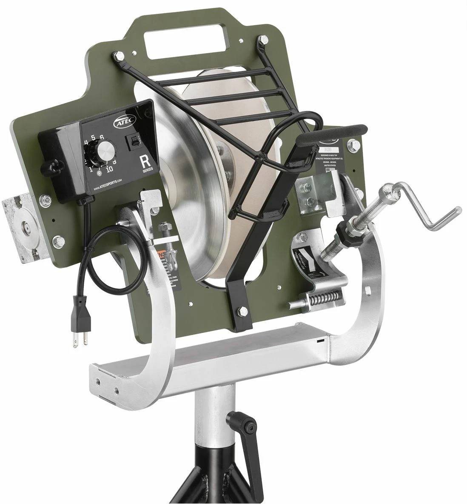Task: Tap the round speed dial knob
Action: [x=105, y=151]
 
